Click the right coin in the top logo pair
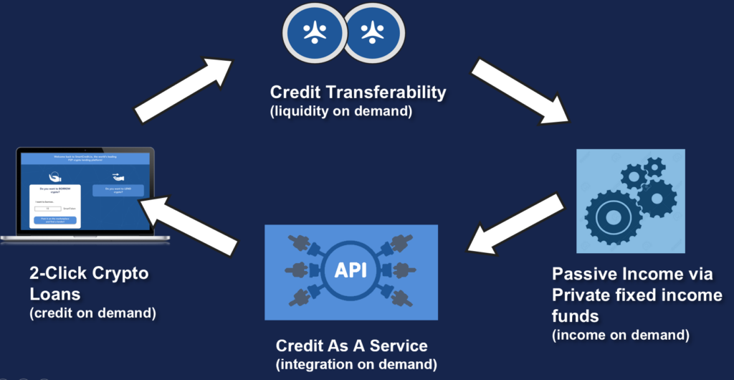[373, 31]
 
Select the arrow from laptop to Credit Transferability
[183, 90]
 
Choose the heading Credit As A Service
[351, 346]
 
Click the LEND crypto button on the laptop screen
[118, 191]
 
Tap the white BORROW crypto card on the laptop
[54, 204]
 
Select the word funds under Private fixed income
[574, 315]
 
